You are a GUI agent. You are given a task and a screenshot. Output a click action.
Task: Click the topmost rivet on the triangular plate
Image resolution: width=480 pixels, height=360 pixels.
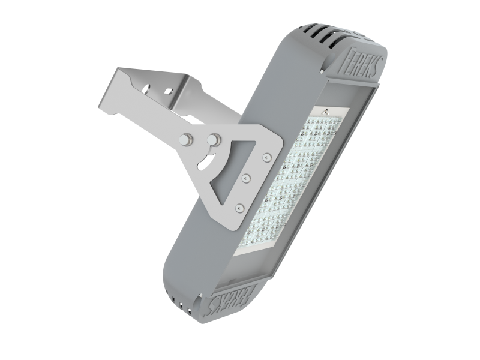coord(267,157)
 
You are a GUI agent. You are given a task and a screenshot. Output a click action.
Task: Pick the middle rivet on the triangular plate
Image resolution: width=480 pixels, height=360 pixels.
coord(246,178)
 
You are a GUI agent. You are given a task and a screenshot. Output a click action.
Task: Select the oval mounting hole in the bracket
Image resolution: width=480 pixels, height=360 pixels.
coord(147,88)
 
